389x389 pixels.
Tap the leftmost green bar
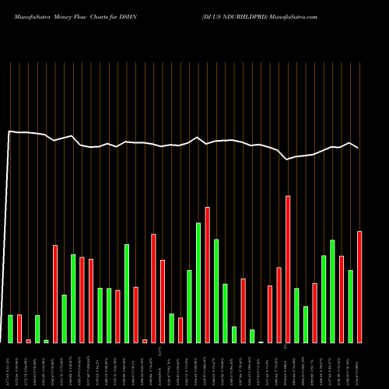11,328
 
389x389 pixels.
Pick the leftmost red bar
19,328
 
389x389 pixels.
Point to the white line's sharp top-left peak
10,131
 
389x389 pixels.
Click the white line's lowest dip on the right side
287,159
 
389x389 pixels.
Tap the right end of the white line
359,148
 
